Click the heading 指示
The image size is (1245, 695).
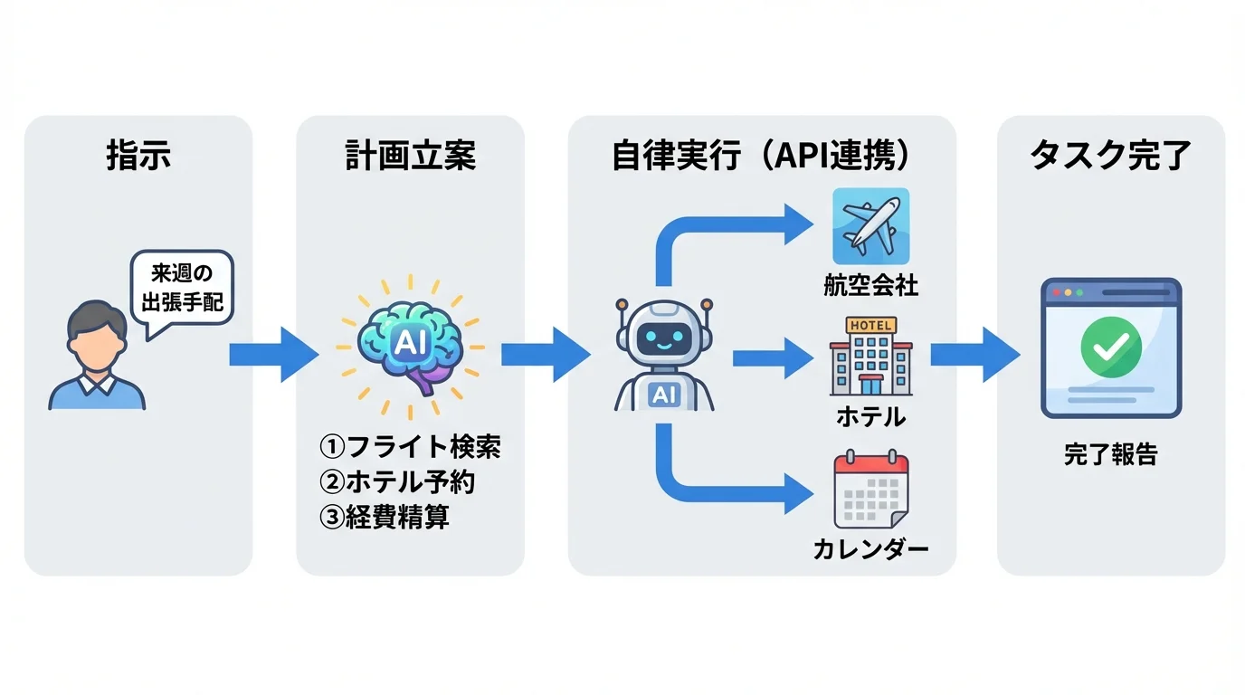click(138, 157)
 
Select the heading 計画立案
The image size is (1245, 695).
click(410, 157)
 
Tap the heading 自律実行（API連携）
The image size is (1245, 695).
click(761, 157)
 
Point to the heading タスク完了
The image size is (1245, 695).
click(1110, 157)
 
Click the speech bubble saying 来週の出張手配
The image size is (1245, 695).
click(182, 287)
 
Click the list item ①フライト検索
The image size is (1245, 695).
click(410, 446)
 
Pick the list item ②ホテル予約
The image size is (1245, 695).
click(397, 481)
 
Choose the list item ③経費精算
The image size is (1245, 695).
click(385, 517)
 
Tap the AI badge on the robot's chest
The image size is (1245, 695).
click(663, 394)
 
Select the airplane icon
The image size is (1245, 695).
click(870, 226)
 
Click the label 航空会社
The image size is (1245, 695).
click(870, 287)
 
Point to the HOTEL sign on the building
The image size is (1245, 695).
click(870, 325)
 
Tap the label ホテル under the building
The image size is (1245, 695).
click(870, 417)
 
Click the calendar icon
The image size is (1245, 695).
click(870, 491)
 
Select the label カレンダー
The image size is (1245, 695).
click(870, 549)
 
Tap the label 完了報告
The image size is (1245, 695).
click(1110, 454)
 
